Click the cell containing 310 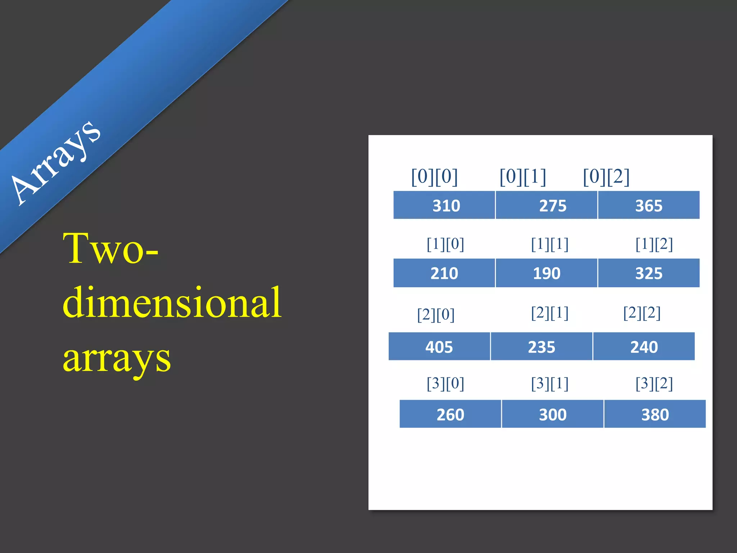click(444, 205)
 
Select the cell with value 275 click(547, 205)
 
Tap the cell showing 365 click(649, 205)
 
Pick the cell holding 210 click(444, 273)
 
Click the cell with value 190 click(547, 273)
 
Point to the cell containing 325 click(649, 273)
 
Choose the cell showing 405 click(439, 346)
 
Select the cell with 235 click(542, 346)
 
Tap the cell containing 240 click(644, 346)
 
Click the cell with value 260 click(450, 414)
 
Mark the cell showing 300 click(553, 414)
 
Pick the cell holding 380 click(655, 414)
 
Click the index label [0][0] click(434, 177)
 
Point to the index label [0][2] click(606, 177)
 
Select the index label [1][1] click(550, 244)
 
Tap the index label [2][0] click(436, 315)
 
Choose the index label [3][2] click(654, 383)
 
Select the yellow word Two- click(110, 248)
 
